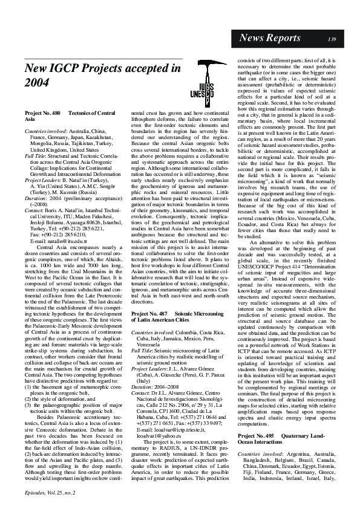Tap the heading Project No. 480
(x=42, y=114)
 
